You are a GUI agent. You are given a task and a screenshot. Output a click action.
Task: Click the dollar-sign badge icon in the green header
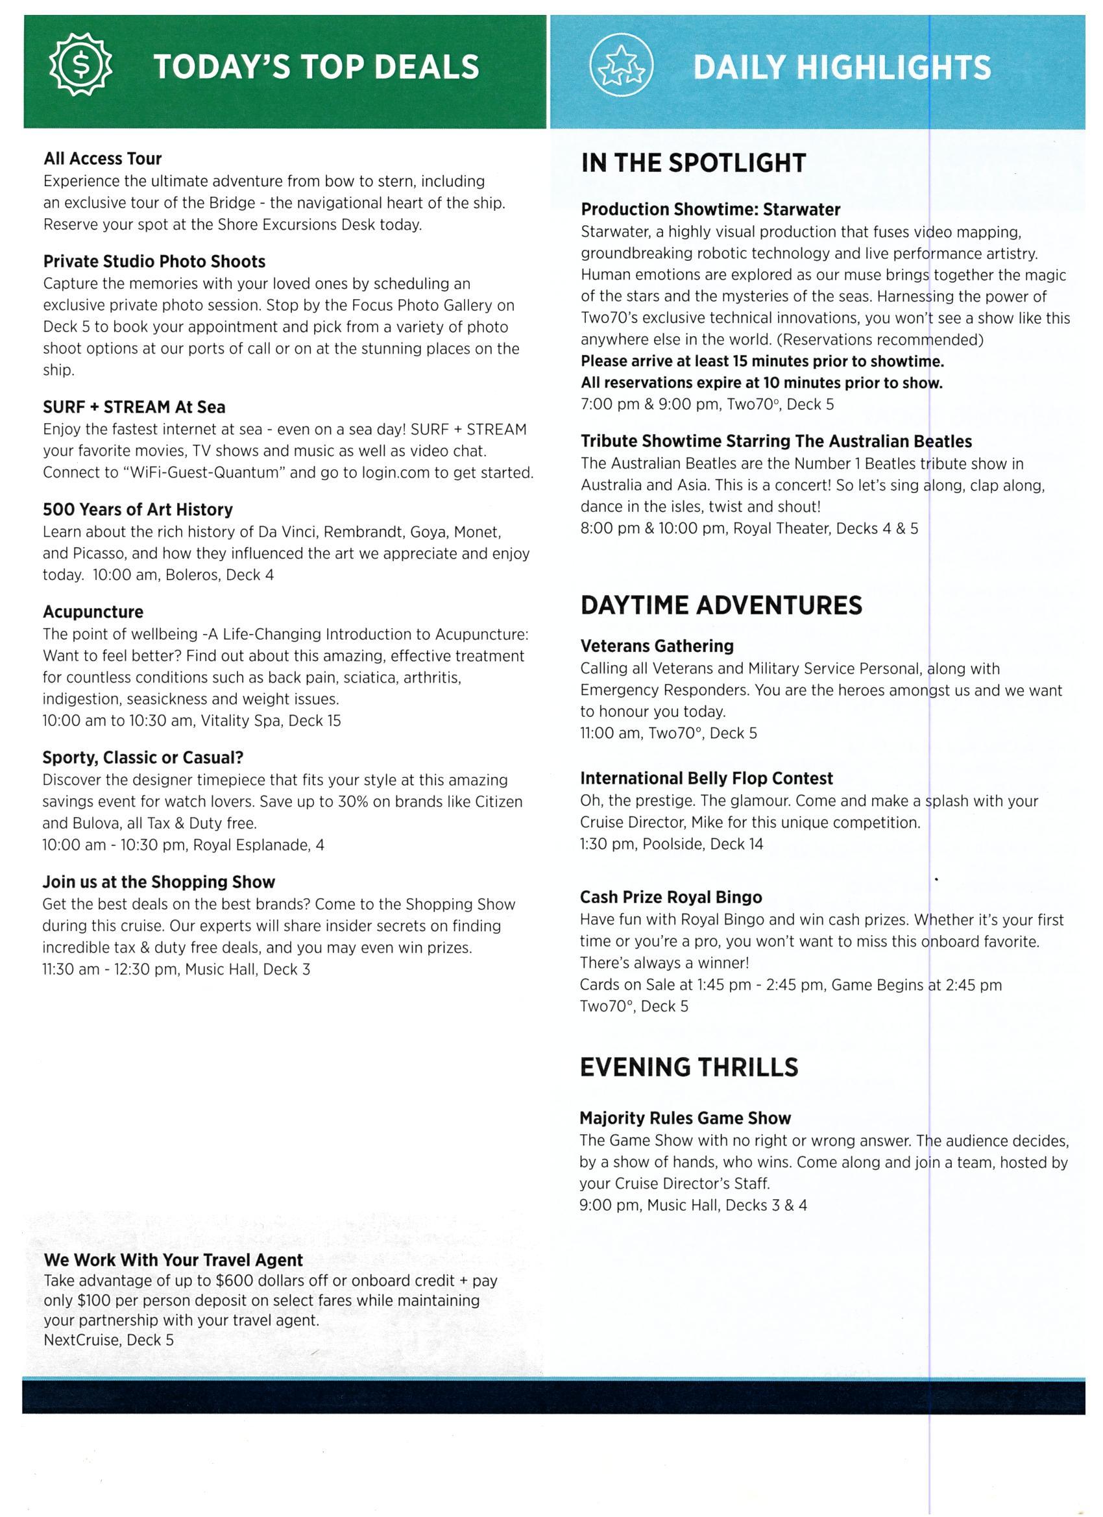click(81, 66)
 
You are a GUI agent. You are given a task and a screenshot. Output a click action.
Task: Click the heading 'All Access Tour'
click(103, 158)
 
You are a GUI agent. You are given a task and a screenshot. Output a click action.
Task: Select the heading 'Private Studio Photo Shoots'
click(154, 261)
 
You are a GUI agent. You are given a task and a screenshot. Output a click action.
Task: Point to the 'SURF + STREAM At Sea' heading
click(134, 407)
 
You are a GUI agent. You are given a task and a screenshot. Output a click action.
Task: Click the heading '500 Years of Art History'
click(137, 510)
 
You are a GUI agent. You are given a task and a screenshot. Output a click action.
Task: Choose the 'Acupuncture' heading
click(92, 612)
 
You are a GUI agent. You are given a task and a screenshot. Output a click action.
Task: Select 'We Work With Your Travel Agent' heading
click(173, 1259)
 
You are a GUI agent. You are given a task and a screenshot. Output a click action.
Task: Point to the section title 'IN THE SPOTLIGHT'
click(693, 164)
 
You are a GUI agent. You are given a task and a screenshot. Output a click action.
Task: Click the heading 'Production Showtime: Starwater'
click(710, 210)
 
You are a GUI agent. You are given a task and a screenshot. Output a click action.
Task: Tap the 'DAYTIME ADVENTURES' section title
click(720, 605)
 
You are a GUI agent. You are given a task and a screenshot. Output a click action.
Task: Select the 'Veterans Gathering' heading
click(656, 646)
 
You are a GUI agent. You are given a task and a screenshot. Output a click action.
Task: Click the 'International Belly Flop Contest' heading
click(706, 778)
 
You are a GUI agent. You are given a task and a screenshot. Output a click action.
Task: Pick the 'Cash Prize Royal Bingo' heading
click(670, 897)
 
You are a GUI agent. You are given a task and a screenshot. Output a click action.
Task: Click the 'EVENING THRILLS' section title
click(688, 1067)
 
